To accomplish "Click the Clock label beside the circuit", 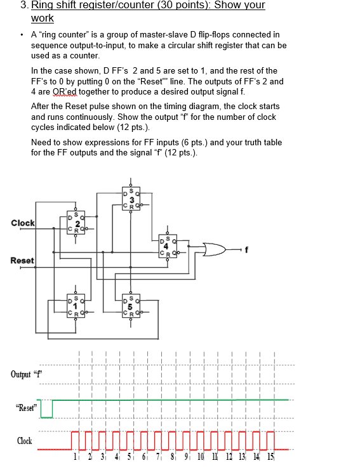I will pos(23,223).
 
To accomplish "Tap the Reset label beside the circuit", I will pos(22,261).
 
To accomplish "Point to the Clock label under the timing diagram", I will pos(25,441).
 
